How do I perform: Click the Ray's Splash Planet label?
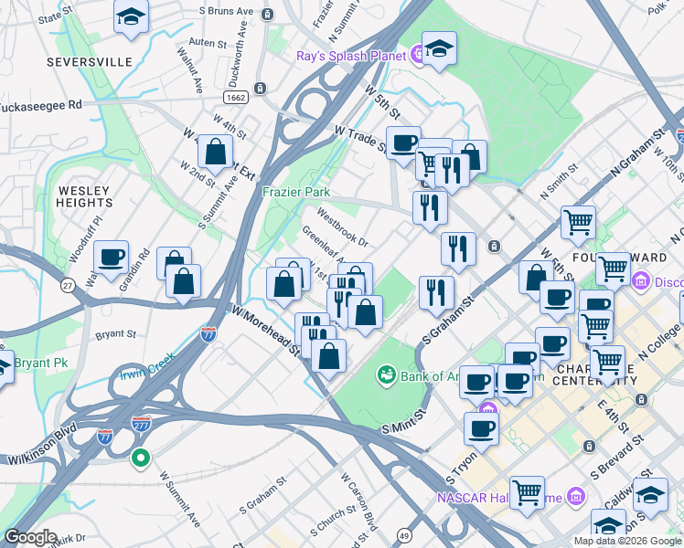350,56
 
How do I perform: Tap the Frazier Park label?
295,193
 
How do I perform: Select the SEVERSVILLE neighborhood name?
90,62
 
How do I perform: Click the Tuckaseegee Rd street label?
40,104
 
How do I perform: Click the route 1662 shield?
235,96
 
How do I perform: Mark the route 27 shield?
67,287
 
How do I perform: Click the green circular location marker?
140,458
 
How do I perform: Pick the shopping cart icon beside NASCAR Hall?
527,493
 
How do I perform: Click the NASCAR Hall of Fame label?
498,498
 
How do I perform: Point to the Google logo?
31,538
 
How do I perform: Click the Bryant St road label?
115,335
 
